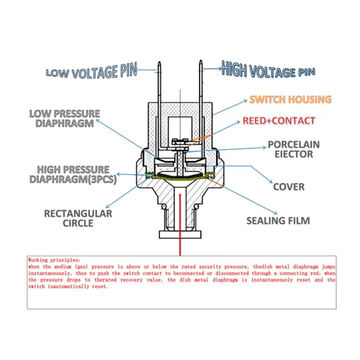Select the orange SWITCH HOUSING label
point(289,99)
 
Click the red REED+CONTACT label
point(277,120)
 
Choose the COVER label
point(288,186)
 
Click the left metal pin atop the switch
point(159,83)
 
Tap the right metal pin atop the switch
point(199,83)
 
